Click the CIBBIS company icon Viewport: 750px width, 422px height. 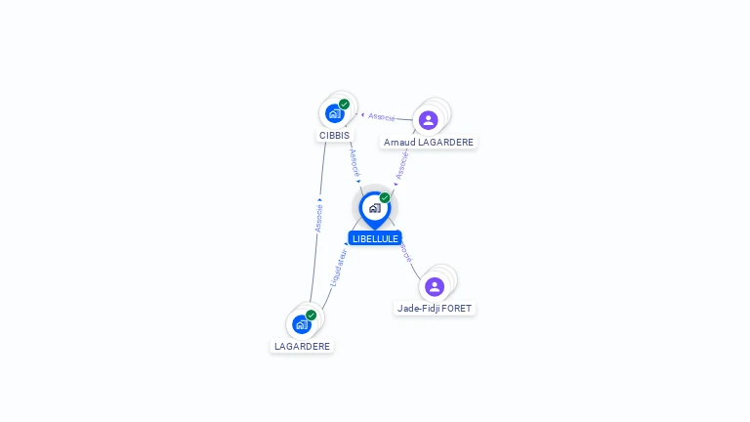tap(335, 113)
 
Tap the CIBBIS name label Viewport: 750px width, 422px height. tap(334, 136)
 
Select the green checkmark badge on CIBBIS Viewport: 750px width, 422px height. tap(345, 105)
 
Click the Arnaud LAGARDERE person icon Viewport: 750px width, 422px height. tap(428, 120)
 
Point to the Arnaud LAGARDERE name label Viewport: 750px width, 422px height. tap(429, 143)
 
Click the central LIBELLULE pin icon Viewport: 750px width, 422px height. tap(374, 208)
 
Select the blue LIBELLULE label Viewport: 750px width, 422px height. tap(375, 238)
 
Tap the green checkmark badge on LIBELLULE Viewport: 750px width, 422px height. tap(385, 197)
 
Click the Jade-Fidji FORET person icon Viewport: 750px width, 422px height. tap(435, 286)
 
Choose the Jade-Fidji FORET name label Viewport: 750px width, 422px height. tap(435, 309)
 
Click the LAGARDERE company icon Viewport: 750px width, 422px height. tap(302, 323)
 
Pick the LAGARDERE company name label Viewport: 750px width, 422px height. tap(302, 346)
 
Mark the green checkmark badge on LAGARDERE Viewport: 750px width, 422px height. tap(312, 315)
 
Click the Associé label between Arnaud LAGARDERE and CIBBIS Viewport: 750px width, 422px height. tap(382, 116)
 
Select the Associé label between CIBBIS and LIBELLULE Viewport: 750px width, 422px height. tap(354, 161)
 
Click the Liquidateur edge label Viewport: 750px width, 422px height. tap(338, 267)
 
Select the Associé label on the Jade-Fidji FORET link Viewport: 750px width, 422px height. tap(405, 252)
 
